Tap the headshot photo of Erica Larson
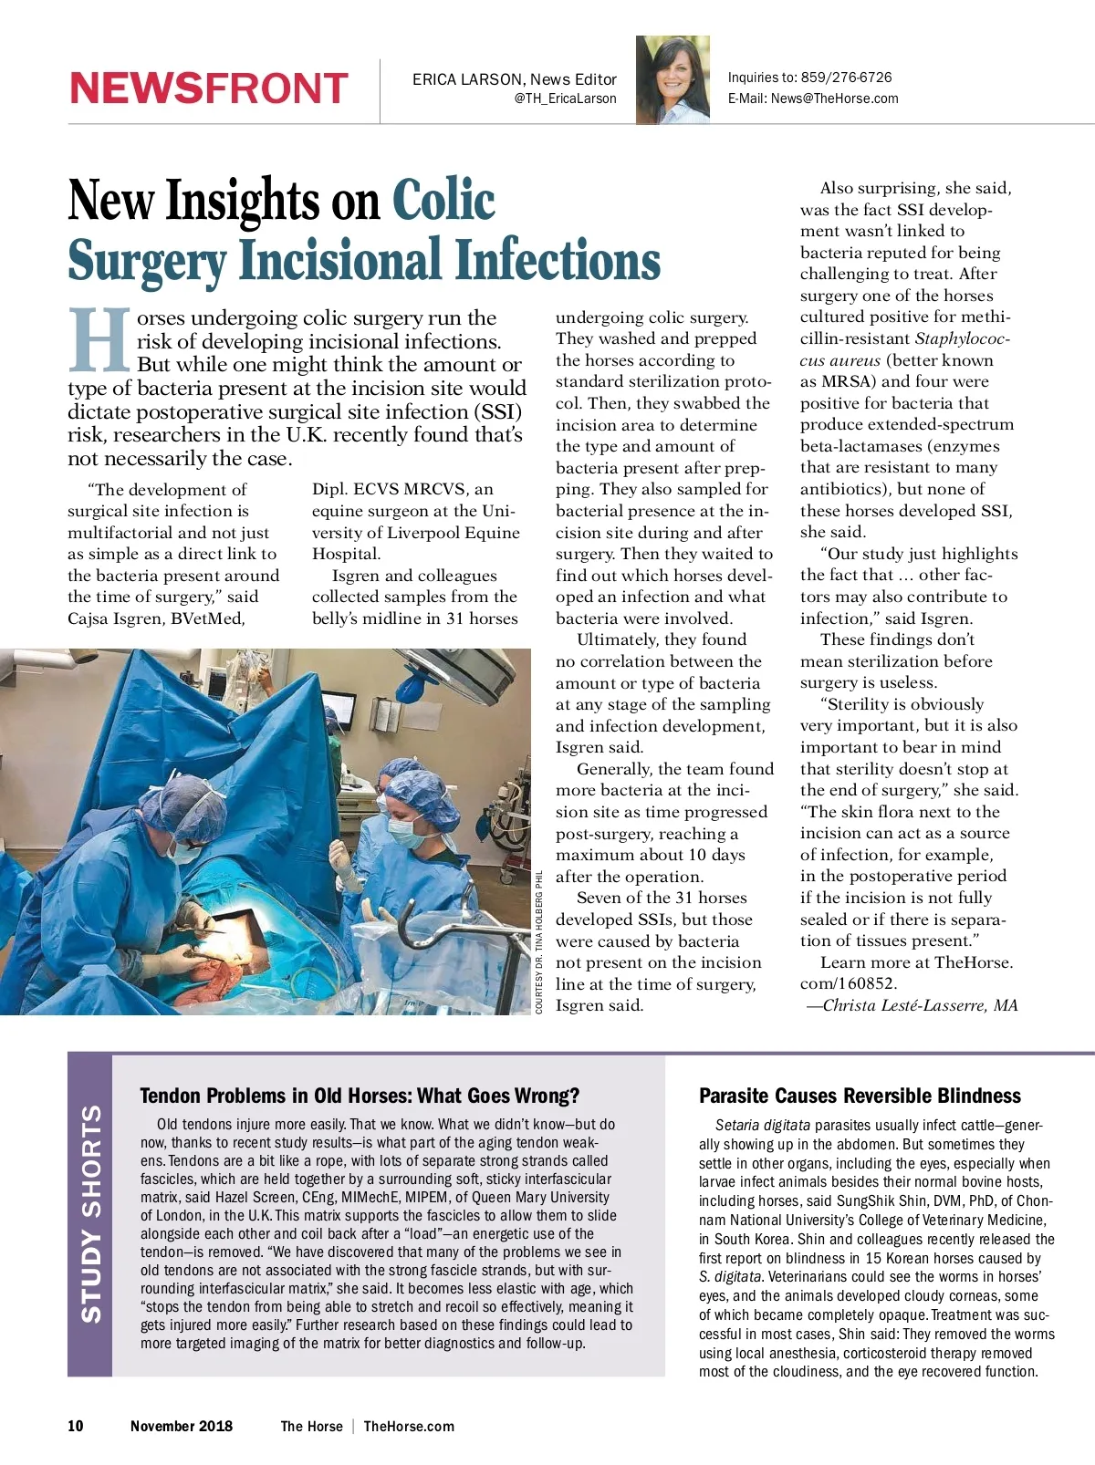click(x=673, y=79)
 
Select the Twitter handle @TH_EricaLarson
click(x=565, y=99)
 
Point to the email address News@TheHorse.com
click(x=834, y=99)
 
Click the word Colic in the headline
click(x=443, y=200)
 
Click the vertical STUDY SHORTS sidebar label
click(x=90, y=1213)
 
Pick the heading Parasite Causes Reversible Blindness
click(x=860, y=1096)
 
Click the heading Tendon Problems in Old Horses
click(x=360, y=1096)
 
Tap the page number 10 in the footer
click(x=76, y=1426)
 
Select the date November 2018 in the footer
click(x=181, y=1426)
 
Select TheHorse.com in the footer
click(x=409, y=1426)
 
